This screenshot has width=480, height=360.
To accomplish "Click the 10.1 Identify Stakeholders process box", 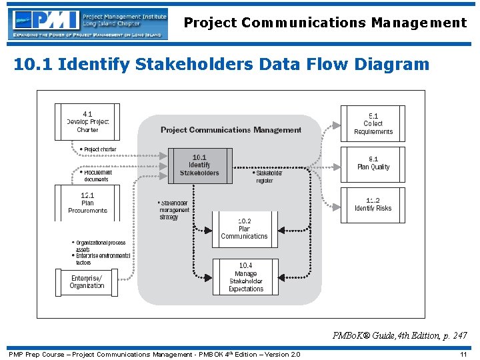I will click(x=200, y=165).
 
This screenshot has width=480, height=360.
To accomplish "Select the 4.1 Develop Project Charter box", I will click(x=87, y=122).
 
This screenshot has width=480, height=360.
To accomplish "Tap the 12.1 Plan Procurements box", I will click(x=87, y=203).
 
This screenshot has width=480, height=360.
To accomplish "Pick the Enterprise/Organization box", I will click(x=87, y=282).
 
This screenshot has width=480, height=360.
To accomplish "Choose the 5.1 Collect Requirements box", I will click(x=373, y=123).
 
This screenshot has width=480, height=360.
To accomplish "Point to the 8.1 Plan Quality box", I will click(x=373, y=163).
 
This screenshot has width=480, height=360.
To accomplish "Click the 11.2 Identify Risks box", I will click(x=373, y=205).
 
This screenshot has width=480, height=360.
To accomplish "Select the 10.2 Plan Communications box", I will click(x=245, y=229).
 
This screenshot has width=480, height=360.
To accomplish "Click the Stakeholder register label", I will click(x=269, y=177).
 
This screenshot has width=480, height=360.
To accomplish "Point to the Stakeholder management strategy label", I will click(x=175, y=210).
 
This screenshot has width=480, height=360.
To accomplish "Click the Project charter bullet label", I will click(x=99, y=149).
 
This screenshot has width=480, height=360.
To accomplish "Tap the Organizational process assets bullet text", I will click(x=101, y=246).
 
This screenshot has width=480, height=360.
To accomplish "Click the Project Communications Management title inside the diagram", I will click(x=231, y=130).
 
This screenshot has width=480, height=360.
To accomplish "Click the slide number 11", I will click(x=463, y=354).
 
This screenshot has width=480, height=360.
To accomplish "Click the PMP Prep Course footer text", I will click(x=154, y=354).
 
